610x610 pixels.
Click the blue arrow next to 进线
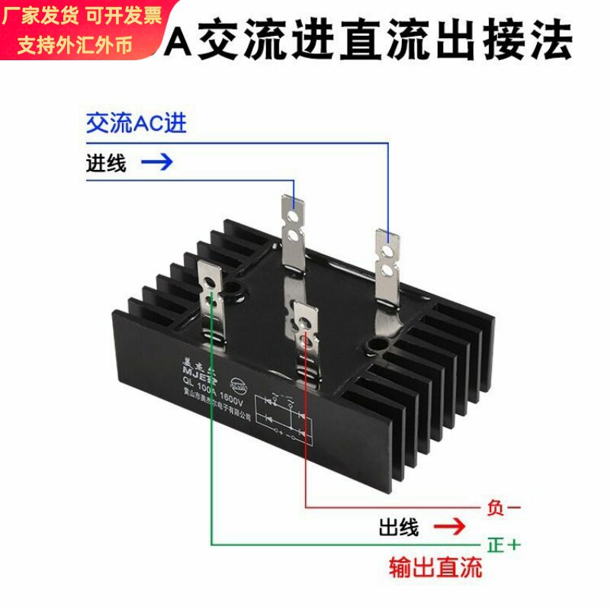point(158,162)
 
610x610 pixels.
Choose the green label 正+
point(503,545)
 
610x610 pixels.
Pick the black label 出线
point(399,527)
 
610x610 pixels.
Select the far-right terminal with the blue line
point(387,267)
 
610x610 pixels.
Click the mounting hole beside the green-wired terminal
point(232,290)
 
